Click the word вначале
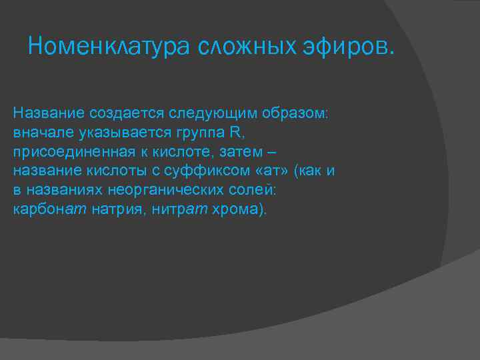[39, 131]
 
